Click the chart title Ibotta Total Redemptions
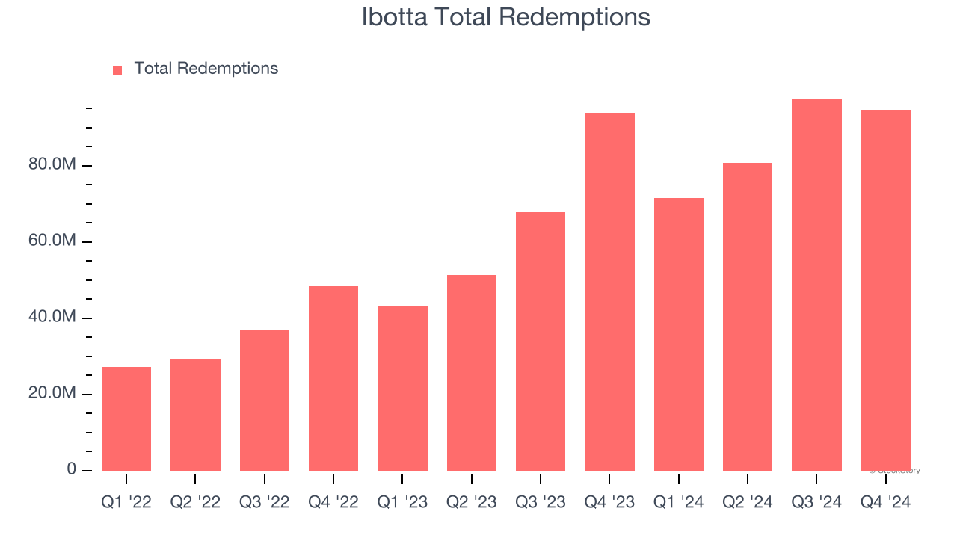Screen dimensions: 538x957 505,17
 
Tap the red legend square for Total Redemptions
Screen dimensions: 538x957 117,70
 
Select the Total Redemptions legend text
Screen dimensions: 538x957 206,69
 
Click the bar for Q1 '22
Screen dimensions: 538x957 126,418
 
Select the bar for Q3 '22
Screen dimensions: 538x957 265,400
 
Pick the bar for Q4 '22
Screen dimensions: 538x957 333,378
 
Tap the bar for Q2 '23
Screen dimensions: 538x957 472,372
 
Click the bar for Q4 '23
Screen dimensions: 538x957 609,291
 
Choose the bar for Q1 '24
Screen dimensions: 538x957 679,334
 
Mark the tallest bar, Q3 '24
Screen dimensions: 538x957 816,285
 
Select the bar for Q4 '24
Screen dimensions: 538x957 886,290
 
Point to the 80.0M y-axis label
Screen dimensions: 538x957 52,164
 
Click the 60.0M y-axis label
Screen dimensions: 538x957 52,241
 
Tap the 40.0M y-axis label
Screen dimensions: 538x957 52,317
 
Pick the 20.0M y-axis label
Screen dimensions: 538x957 52,393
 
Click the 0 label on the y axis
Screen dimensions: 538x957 72,469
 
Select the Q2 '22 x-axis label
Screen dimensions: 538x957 195,502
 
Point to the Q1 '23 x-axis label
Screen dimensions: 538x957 402,502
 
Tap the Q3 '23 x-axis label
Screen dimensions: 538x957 541,502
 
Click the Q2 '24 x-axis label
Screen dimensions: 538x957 748,502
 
